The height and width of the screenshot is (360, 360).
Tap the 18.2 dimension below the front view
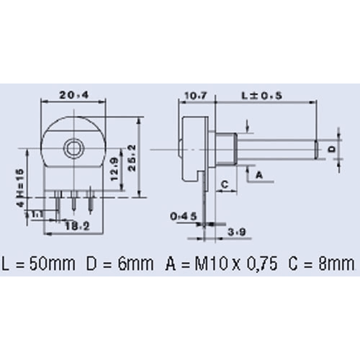(x=71, y=225)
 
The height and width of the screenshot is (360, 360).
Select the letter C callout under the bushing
(x=224, y=184)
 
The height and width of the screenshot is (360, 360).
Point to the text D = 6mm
(x=121, y=261)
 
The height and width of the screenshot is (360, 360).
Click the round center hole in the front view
(x=72, y=148)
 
